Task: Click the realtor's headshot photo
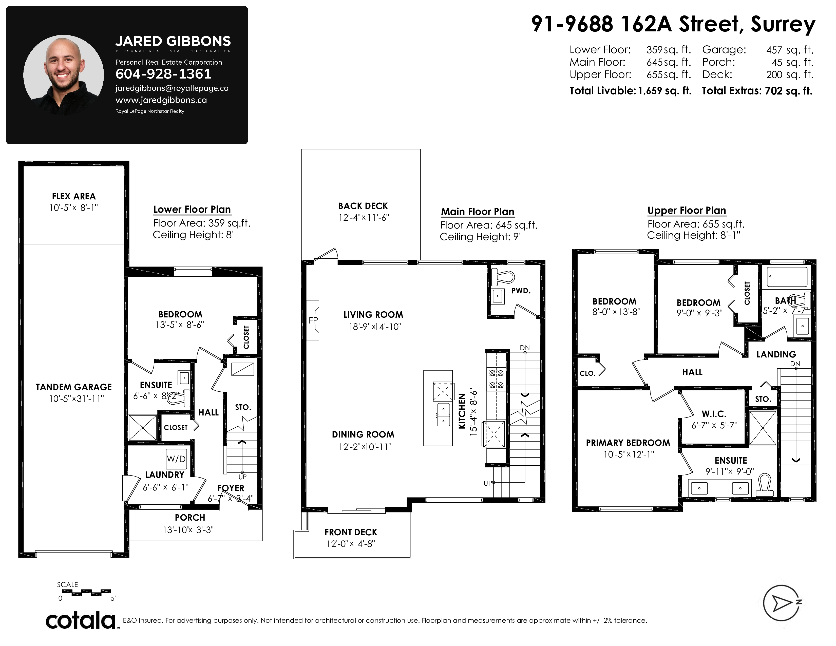pyautogui.click(x=64, y=75)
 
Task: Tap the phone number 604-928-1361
pyautogui.click(x=163, y=74)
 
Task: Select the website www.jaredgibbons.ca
pyautogui.click(x=161, y=100)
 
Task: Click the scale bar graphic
pyautogui.click(x=86, y=593)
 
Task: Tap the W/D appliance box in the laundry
pyautogui.click(x=176, y=459)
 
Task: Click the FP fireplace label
pyautogui.click(x=313, y=320)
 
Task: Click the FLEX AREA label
pyautogui.click(x=74, y=196)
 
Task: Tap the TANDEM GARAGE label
pyautogui.click(x=74, y=387)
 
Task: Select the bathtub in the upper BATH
pyautogui.click(x=786, y=277)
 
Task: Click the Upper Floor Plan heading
pyautogui.click(x=687, y=211)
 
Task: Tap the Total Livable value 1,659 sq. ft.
pyautogui.click(x=664, y=91)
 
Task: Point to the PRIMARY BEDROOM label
pyautogui.click(x=628, y=443)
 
